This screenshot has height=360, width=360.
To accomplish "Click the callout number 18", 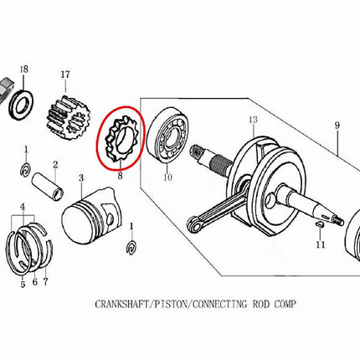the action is click(x=24, y=69).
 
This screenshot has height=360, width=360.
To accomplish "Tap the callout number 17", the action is click(x=65, y=75).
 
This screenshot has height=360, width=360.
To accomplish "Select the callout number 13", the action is click(x=253, y=120).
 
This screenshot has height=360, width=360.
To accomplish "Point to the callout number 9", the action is click(x=337, y=126).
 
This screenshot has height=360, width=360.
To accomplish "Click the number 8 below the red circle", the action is click(x=120, y=176).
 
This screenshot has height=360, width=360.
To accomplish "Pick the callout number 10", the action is click(x=167, y=177).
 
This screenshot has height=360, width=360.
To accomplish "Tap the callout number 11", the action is click(x=321, y=244).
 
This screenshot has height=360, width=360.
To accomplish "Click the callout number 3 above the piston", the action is click(x=81, y=177).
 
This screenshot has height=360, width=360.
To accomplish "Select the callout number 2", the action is click(x=55, y=165).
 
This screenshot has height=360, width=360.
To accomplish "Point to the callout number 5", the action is click(x=23, y=285).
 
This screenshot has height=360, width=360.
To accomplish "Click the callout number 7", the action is click(x=45, y=282).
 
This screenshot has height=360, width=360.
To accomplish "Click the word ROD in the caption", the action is click(x=261, y=304).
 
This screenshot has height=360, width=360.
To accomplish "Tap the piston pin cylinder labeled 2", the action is click(x=48, y=187).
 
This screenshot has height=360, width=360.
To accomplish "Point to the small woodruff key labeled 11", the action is click(x=320, y=224).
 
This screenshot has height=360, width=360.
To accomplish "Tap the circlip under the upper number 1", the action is click(x=26, y=170).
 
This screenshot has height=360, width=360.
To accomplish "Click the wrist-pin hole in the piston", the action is click(x=111, y=218).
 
